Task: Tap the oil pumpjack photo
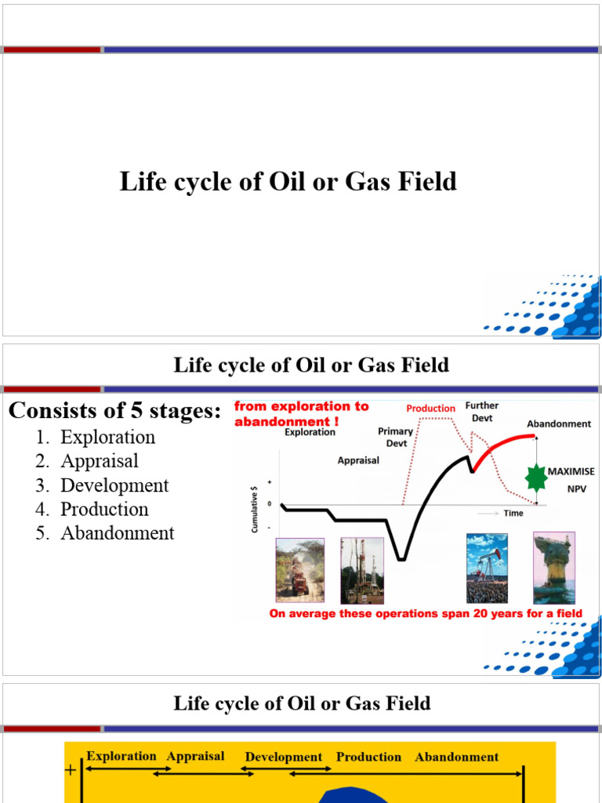click(487, 568)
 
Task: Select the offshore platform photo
click(553, 568)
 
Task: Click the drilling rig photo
click(362, 569)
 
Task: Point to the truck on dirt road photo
click(300, 569)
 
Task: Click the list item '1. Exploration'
click(107, 438)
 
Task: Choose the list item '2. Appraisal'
click(99, 461)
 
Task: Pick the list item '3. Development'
click(114, 485)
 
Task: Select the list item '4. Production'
click(104, 509)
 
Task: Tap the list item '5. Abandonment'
click(117, 533)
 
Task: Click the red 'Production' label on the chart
click(430, 409)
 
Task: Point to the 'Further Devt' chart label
click(482, 412)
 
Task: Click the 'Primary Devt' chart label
click(396, 437)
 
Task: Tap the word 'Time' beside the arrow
click(514, 513)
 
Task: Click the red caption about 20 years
click(426, 613)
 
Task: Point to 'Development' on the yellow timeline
click(284, 757)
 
